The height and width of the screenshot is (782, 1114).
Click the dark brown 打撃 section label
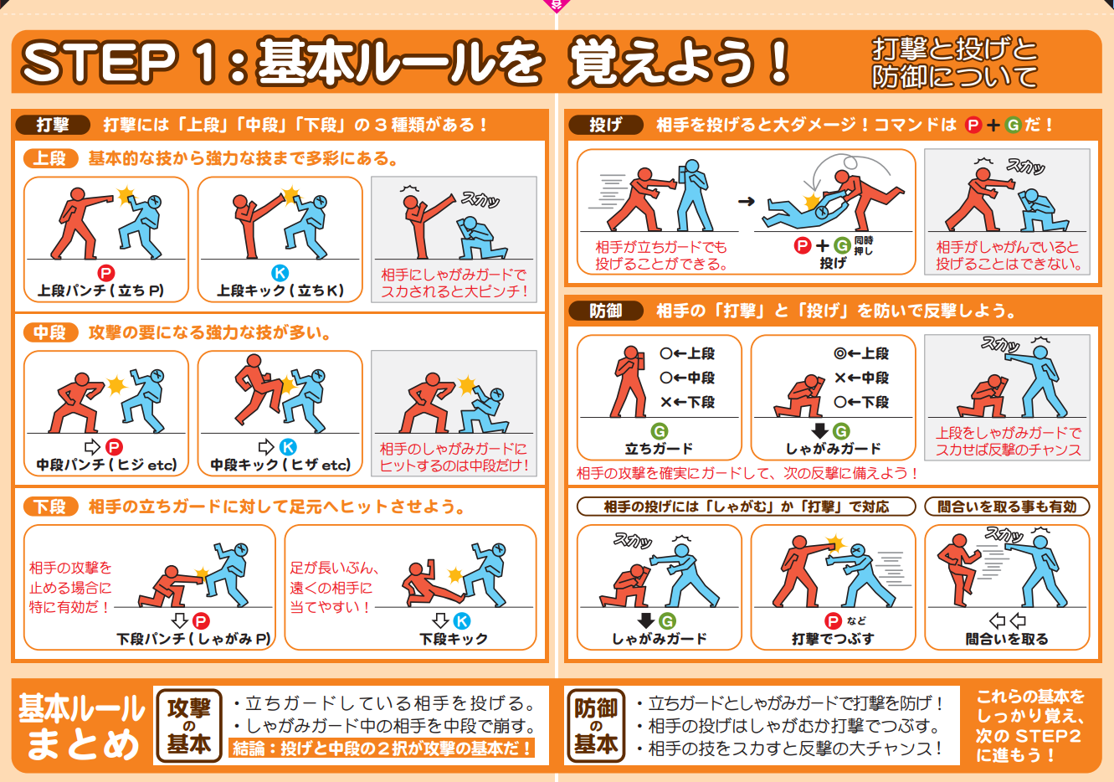[x=53, y=125]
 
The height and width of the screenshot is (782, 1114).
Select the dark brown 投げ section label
[x=606, y=125]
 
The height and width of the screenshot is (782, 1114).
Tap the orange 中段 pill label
[x=50, y=332]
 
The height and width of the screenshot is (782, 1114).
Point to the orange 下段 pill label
[x=50, y=507]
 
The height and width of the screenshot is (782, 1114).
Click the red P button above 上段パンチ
[x=106, y=273]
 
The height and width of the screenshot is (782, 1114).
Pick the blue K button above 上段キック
[x=280, y=273]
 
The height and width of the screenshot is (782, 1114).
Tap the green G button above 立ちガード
[x=659, y=431]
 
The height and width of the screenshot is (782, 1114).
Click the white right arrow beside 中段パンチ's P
[x=92, y=447]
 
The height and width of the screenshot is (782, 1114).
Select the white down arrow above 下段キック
[x=440, y=620]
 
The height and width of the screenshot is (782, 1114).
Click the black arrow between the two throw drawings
[x=746, y=202]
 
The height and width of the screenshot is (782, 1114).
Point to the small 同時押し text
[x=864, y=246]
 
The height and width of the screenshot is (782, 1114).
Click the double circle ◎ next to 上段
[x=840, y=353]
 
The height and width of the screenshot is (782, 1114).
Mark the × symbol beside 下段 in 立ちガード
[x=666, y=402]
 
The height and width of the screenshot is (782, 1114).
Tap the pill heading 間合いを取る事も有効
[x=1007, y=507]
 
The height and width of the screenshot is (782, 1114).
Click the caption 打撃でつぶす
[x=833, y=639]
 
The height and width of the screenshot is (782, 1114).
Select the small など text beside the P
[x=856, y=620]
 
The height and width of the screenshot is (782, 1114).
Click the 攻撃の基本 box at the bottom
[x=189, y=726]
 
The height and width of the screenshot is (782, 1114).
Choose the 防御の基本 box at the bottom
[x=596, y=726]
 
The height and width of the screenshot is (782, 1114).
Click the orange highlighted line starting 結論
[x=382, y=749]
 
